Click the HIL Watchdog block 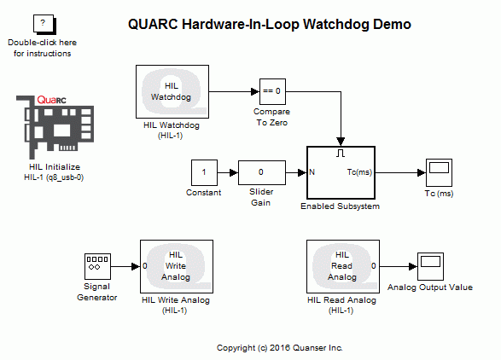(172, 90)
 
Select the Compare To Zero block (271, 90)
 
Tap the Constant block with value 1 (204, 172)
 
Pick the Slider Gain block (260, 172)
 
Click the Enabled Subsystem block (341, 172)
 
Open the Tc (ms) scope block (439, 172)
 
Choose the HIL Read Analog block (341, 265)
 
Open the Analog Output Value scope (429, 265)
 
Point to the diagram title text (269, 25)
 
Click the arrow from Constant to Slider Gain (228, 172)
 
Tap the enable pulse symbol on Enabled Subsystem (341, 154)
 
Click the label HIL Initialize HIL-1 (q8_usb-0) (54, 172)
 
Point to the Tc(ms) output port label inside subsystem (358, 173)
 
